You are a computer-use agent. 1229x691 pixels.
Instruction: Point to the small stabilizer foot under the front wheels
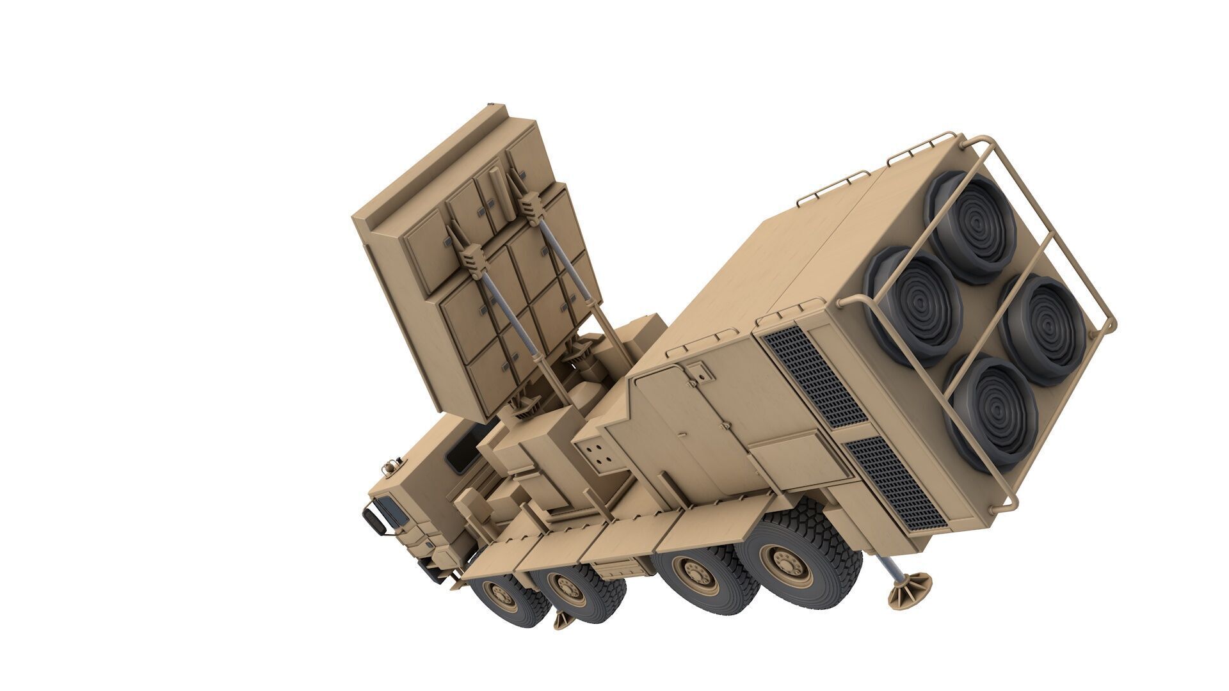563,619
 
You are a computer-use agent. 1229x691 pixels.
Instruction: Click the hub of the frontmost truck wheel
501,596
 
